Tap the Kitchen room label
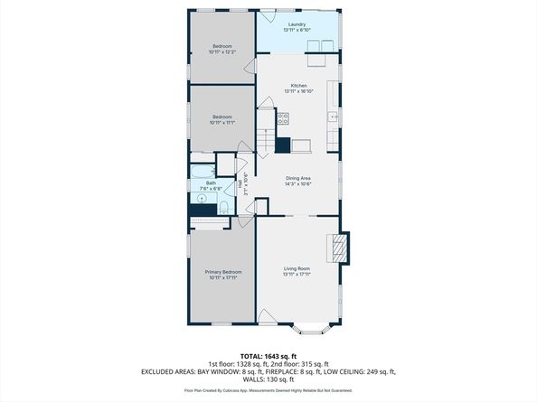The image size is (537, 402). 298,86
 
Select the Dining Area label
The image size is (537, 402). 298,179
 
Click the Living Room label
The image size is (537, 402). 297,269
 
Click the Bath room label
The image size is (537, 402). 210,182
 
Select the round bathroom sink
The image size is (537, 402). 200,197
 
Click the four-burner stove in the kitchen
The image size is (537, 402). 283,117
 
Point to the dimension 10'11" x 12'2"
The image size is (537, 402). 221,51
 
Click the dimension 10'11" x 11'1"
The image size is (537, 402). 221,122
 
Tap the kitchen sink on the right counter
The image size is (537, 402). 334,117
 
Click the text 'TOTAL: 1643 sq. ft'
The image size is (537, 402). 268,356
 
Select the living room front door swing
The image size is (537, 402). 268,316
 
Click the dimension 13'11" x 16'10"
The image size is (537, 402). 298,91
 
